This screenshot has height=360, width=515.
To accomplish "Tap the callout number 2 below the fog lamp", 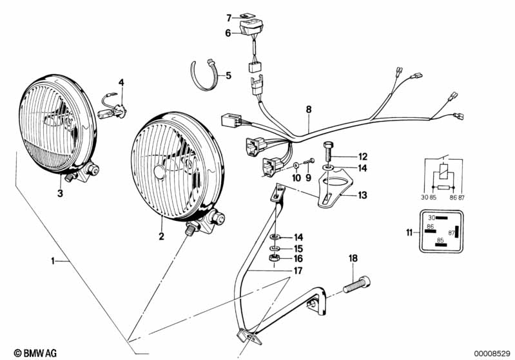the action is [162, 236].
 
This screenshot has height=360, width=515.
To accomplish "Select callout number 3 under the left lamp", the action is [60, 193].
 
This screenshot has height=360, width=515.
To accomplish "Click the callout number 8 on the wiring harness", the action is [309, 110].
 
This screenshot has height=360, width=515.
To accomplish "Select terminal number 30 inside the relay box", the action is [432, 218].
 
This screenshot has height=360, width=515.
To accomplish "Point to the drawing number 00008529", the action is [491, 353].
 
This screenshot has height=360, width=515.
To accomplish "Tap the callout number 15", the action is [298, 248].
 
